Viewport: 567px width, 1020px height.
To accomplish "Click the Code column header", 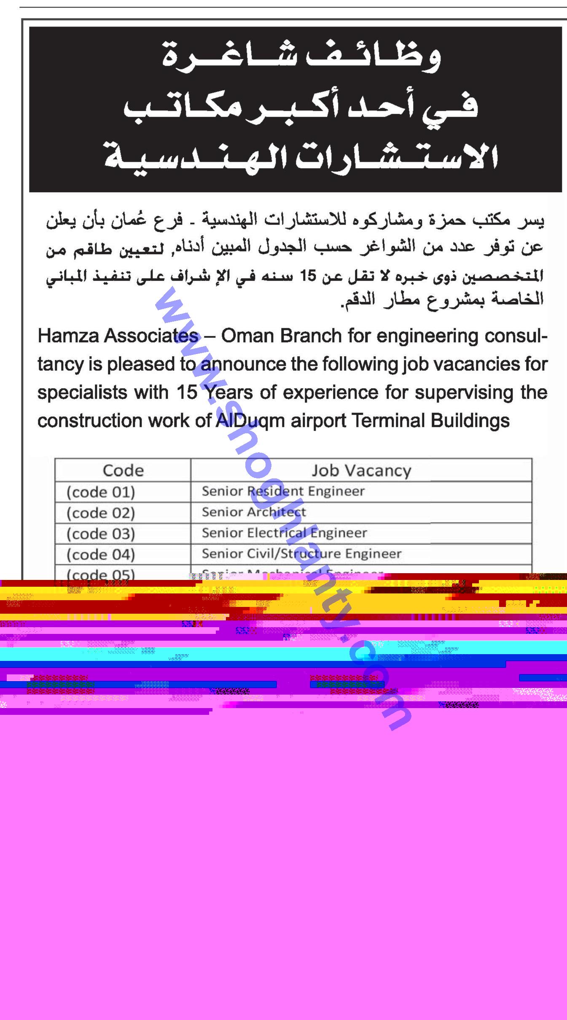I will (x=123, y=470).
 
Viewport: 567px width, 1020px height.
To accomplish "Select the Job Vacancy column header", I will (x=361, y=470).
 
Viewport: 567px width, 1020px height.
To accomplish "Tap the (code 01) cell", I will (x=101, y=492).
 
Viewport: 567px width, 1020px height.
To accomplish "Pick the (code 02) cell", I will (x=101, y=513).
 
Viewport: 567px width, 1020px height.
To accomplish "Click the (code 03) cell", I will (x=101, y=534).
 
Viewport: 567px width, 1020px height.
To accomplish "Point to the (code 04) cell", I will (x=101, y=554).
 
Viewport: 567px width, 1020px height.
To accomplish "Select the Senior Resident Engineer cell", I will (x=283, y=491).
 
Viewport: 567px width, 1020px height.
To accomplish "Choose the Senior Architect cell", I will (x=254, y=512).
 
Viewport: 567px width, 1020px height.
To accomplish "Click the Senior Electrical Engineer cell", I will (x=284, y=533).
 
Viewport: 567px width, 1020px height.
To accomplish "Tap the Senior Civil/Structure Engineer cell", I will (x=301, y=553).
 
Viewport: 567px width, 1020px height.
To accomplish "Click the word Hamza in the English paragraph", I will (x=67, y=336).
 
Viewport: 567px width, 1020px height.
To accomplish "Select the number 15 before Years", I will (x=187, y=393).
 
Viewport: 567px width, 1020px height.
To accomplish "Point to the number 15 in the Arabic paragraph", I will (x=311, y=276).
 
